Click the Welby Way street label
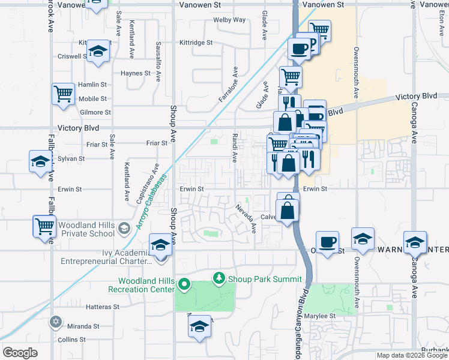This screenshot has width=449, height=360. coord(230,20)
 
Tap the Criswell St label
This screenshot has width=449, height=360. coord(70,56)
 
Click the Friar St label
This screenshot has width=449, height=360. coord(157,143)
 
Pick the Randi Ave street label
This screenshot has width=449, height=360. coord(234,143)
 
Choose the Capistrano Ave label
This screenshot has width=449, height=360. coord(151,178)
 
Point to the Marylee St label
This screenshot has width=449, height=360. coord(320,316)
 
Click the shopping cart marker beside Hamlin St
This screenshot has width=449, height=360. coord(63,94)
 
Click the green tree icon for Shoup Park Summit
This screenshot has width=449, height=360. coord(220,278)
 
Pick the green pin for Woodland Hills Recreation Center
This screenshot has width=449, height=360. coord(185,284)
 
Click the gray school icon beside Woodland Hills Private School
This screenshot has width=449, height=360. coord(124,228)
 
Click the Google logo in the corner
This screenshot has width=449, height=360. coord(20,353)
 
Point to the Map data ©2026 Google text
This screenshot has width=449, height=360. coord(412,355)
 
